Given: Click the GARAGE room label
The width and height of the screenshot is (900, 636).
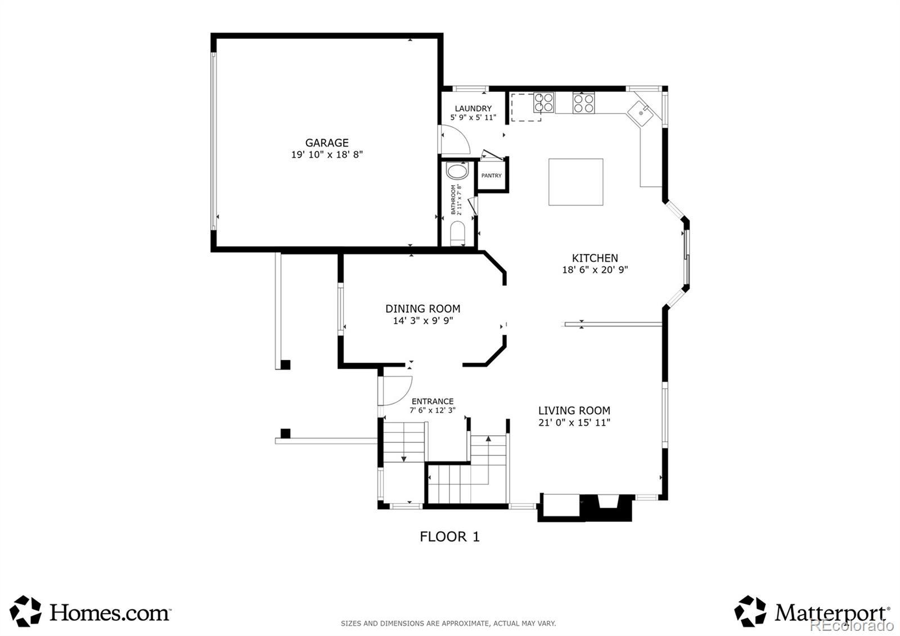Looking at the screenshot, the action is tap(327, 143).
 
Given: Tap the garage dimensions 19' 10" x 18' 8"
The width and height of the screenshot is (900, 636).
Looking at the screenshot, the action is tap(327, 154).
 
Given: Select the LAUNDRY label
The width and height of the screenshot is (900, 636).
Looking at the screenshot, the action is tap(473, 109).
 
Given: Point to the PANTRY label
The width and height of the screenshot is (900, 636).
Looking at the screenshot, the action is tap(492, 176).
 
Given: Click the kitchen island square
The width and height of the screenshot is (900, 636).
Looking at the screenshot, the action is tap(576, 182).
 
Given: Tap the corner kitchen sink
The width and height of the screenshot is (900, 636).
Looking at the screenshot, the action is tap(641, 113).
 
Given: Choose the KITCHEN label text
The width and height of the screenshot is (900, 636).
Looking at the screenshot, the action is tap(595, 258).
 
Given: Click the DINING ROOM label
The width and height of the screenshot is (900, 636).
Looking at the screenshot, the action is tap(422, 309).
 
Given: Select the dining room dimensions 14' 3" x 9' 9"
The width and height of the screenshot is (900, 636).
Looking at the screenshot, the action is tap(422, 320).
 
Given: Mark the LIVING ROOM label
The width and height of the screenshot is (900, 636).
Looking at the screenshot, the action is tap(574, 410).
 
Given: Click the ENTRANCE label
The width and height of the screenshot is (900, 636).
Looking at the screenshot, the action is tap(433, 401).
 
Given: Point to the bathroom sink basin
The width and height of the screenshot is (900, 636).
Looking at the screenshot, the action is tap(457, 171).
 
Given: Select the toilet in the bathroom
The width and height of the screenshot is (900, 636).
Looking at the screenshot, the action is tap(457, 234).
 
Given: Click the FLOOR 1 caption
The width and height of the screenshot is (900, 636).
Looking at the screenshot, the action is tap(449, 537).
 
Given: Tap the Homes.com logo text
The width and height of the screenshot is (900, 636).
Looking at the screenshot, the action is tap(110, 613).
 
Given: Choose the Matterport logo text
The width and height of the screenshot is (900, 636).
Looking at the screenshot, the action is tap(832, 613).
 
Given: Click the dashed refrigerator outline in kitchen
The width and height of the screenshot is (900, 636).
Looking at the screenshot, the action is tap(525, 108).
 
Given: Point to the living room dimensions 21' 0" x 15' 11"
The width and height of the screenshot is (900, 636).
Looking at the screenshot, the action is tap(574, 423).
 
